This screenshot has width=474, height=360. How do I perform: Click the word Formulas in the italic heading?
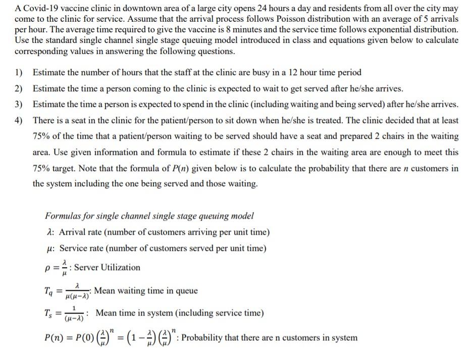pos(62,216)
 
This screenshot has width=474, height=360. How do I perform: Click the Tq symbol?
pos(48,291)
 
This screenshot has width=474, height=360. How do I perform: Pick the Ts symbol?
pos(48,314)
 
